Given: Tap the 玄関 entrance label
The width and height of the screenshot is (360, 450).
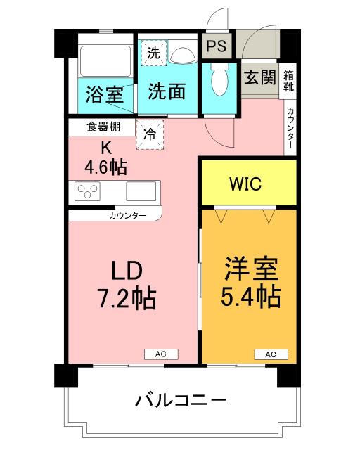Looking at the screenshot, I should pos(260,77).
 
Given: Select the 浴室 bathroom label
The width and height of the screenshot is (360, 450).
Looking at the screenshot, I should pos(105,94).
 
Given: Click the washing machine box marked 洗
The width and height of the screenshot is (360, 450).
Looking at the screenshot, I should pos(152,52).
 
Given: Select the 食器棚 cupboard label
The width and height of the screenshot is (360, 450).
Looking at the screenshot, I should pos(102,127).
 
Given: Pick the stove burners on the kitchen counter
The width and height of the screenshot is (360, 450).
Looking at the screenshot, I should pos(89,191).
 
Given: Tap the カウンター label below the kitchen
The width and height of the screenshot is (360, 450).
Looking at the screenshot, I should pos(128,215).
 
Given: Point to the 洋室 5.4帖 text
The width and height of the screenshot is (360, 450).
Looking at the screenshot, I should pos(252,283).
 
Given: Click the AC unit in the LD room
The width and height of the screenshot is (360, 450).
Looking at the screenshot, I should pos(161,354).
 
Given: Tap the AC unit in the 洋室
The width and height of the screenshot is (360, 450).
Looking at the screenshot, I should pos(271,354).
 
